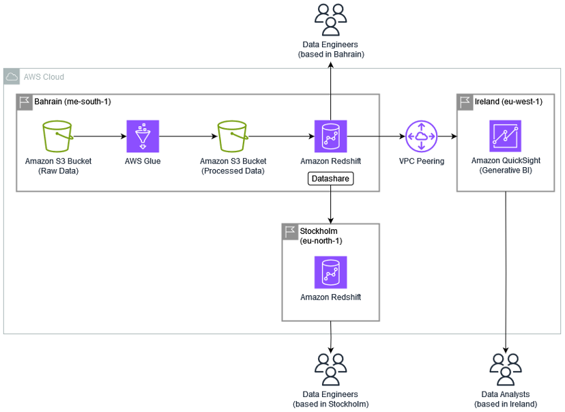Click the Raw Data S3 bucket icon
pyautogui.click(x=57, y=136)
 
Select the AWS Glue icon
pyautogui.click(x=143, y=136)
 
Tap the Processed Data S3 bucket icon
pyautogui.click(x=233, y=136)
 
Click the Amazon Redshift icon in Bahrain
pyautogui.click(x=331, y=136)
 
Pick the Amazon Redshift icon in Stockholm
pyautogui.click(x=331, y=272)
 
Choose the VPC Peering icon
pyautogui.click(x=422, y=136)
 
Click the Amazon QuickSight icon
pyautogui.click(x=505, y=136)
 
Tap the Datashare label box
pyautogui.click(x=331, y=179)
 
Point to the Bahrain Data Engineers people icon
pyautogui.click(x=331, y=20)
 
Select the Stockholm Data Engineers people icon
pyautogui.click(x=331, y=370)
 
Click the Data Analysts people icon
pyautogui.click(x=506, y=370)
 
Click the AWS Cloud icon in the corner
pyautogui.click(x=12, y=76)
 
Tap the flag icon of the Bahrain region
pyautogui.click(x=25, y=102)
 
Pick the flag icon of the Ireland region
pyautogui.click(x=465, y=102)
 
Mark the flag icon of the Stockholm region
pyautogui.click(x=290, y=232)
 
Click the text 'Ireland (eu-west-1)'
pyautogui.click(x=508, y=102)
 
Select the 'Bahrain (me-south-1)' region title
pyautogui.click(x=72, y=102)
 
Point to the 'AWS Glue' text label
pyautogui.click(x=143, y=161)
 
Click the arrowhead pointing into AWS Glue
pyautogui.click(x=124, y=136)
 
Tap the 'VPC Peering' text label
pyautogui.click(x=422, y=161)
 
